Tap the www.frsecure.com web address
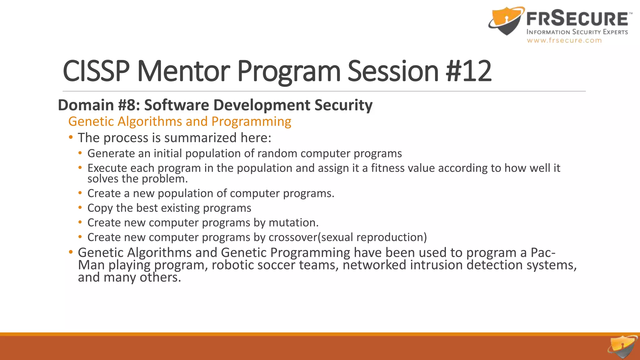tap(564, 40)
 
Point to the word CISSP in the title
tap(96, 71)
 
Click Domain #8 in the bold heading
tap(99, 105)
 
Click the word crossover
tap(293, 237)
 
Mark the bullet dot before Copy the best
tap(80, 207)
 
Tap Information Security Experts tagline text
tap(577, 32)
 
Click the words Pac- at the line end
tap(543, 252)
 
